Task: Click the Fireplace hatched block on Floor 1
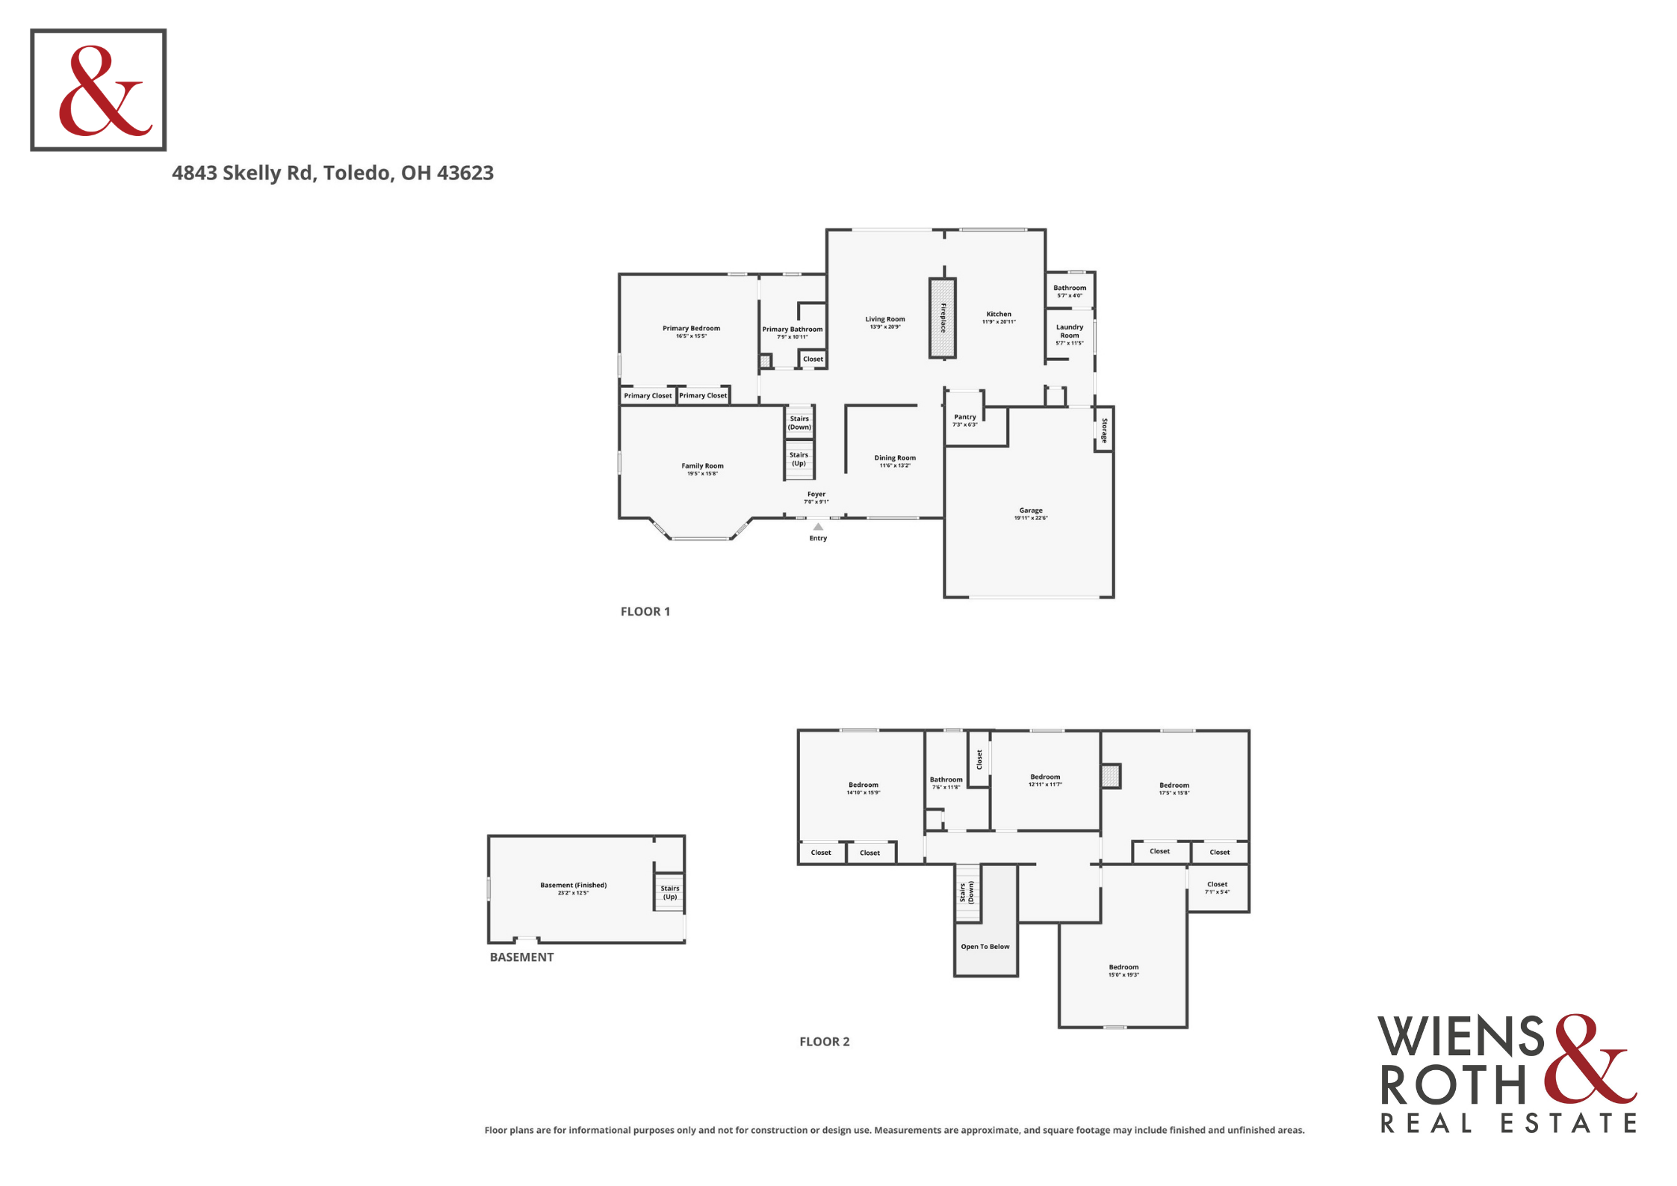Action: (x=943, y=318)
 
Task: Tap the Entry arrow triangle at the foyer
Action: (x=818, y=526)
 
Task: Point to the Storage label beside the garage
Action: (x=1104, y=430)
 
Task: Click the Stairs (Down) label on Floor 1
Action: (x=799, y=423)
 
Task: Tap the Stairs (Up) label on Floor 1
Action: (x=799, y=459)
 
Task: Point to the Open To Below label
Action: (x=985, y=946)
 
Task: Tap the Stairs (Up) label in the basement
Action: (x=670, y=892)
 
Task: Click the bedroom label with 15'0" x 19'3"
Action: (x=1123, y=970)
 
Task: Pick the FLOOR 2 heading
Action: (x=825, y=1042)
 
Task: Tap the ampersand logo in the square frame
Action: (x=105, y=90)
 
